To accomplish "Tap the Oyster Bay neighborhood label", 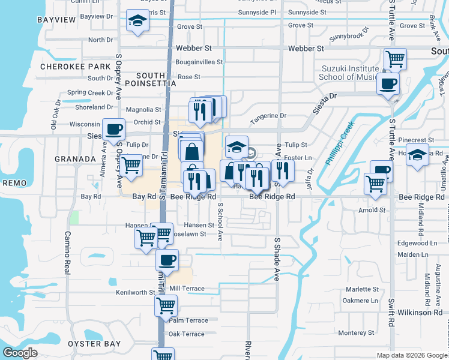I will [94, 344].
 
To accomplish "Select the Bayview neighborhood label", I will [56, 20].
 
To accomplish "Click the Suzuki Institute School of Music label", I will [349, 73].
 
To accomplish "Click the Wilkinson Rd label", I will [423, 313].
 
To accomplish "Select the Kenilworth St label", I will [136, 292].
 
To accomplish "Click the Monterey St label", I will [356, 332].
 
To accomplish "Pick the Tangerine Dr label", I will [268, 116].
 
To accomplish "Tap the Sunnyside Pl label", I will [256, 11].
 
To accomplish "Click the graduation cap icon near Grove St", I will [137, 21].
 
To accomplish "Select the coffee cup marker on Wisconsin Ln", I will [113, 128].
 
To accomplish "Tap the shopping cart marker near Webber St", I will [396, 59].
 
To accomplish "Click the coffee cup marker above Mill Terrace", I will [167, 260].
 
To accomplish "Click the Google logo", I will [20, 353].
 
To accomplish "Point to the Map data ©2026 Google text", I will [412, 355].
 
